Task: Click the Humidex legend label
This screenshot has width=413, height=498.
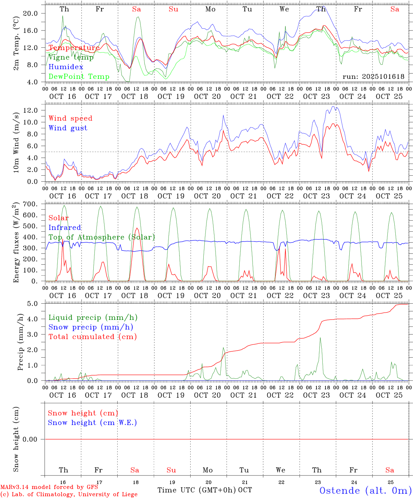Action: (66, 67)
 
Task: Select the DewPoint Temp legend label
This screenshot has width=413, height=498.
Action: (79, 76)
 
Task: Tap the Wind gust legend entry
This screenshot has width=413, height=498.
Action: (68, 128)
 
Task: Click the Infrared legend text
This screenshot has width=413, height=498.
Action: (65, 228)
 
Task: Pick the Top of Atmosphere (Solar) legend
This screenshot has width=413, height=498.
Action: (101, 237)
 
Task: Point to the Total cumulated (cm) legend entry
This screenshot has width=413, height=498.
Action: (92, 336)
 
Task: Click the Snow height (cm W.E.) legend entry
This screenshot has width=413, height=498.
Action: (92, 423)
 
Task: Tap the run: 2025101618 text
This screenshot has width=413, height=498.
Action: (373, 76)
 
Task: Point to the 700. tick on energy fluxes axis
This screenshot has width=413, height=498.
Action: (30, 204)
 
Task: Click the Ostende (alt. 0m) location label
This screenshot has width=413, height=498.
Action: (365, 490)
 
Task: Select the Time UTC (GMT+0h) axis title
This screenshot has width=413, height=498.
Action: (197, 490)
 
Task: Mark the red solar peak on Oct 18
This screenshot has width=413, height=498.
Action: (137, 228)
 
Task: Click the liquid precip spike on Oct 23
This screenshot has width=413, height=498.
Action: (320, 338)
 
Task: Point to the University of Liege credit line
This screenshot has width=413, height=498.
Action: (69, 494)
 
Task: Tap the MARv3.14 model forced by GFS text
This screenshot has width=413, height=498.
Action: (49, 487)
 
